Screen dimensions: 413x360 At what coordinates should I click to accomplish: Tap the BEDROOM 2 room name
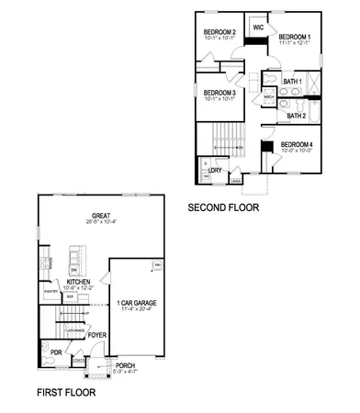pos(220,32)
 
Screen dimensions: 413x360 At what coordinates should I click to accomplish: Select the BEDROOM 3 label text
pos(220,92)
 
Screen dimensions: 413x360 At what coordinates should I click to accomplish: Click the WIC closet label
pos(258,28)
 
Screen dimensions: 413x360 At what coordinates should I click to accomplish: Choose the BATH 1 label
pos(293,82)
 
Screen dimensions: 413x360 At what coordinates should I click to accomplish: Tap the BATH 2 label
pos(297,116)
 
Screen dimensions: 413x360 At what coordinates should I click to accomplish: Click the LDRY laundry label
pos(215,171)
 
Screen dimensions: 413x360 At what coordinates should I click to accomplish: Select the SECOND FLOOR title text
pos(223,208)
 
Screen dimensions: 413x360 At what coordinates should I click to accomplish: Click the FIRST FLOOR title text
pos(65,392)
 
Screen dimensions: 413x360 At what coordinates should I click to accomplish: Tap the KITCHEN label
pos(65,282)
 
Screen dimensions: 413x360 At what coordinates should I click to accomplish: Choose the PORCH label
pos(125,365)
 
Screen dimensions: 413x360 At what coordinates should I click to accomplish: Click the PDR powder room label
pos(56,351)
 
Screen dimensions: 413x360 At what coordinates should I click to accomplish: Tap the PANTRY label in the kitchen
pos(51,292)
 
